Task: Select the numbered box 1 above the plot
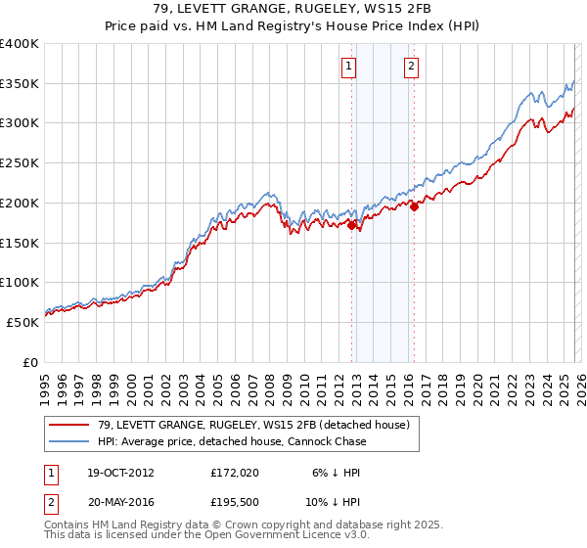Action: (x=349, y=67)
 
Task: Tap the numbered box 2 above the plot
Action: (x=411, y=67)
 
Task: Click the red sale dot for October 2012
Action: (x=352, y=224)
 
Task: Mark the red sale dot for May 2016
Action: (x=414, y=205)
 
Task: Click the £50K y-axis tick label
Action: (x=23, y=322)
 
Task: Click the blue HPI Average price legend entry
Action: (x=231, y=441)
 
